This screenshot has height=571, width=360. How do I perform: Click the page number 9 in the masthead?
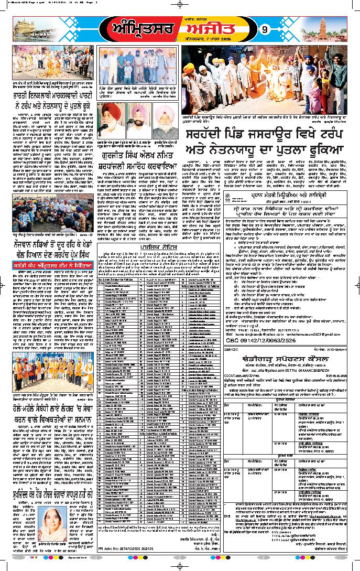tap(265, 29)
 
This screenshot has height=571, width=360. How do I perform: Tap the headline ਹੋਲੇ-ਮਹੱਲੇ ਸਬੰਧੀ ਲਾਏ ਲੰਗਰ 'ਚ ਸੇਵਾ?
tap(48, 409)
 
